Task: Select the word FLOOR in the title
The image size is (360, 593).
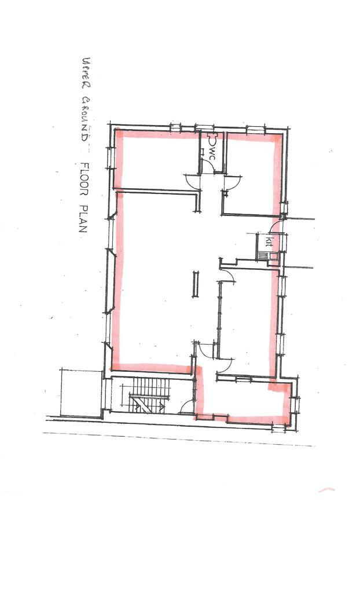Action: coord(83,177)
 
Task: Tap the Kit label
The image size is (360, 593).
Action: coord(268,241)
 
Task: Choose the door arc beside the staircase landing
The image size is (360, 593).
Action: coord(186,407)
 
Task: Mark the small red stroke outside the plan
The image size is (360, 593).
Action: coord(326,490)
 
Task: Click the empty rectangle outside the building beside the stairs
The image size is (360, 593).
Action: coord(81,392)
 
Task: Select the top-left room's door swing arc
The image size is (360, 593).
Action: coord(192,181)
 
